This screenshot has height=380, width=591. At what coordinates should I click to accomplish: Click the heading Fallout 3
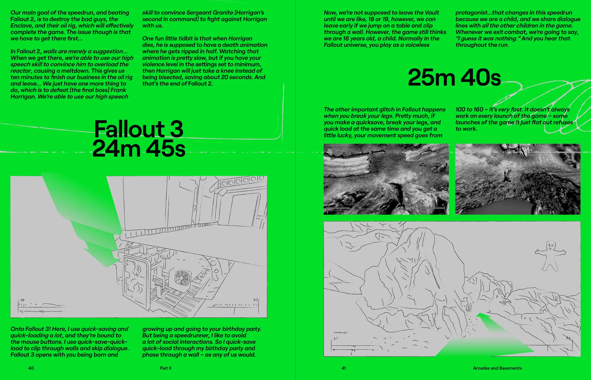click(x=139, y=129)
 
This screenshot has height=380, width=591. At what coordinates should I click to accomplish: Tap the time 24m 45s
click(x=139, y=148)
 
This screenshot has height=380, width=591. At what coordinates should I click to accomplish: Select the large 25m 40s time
click(x=454, y=77)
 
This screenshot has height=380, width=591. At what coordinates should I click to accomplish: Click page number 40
click(x=31, y=368)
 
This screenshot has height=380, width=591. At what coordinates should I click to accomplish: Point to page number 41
click(x=344, y=368)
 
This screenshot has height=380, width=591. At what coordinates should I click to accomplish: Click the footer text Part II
click(x=166, y=368)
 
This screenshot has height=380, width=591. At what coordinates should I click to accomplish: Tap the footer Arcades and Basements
click(x=497, y=368)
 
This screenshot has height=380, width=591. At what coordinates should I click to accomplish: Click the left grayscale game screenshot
click(x=386, y=179)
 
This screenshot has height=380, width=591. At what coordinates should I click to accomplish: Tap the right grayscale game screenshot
click(x=518, y=179)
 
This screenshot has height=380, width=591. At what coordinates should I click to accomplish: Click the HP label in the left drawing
click(x=22, y=300)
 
